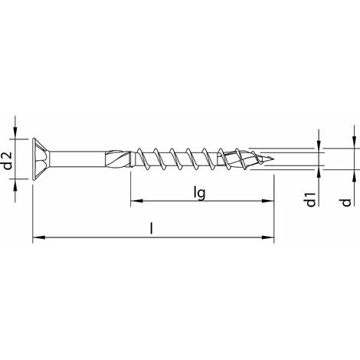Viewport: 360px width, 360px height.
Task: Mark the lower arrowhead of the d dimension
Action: tap(353, 177)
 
